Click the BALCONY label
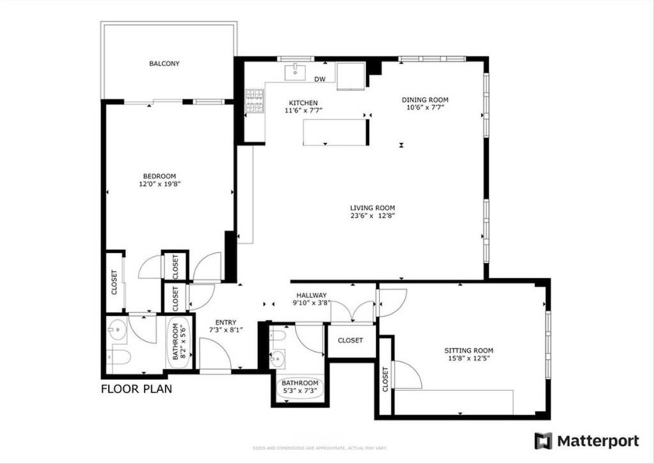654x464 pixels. pyautogui.click(x=164, y=64)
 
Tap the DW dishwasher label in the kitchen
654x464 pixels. pyautogui.click(x=319, y=79)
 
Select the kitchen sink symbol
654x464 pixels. pyautogui.click(x=295, y=73)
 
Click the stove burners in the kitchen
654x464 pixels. pyautogui.click(x=255, y=100)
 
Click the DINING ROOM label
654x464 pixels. pyautogui.click(x=425, y=100)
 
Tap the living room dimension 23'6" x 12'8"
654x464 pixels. pyautogui.click(x=372, y=216)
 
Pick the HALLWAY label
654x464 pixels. pyautogui.click(x=310, y=295)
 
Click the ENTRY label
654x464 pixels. pyautogui.click(x=226, y=320)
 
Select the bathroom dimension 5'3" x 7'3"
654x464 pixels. pyautogui.click(x=300, y=392)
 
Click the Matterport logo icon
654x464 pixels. pyautogui.click(x=543, y=441)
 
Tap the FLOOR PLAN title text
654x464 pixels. pyautogui.click(x=137, y=388)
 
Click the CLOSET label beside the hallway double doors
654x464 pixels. pyautogui.click(x=350, y=340)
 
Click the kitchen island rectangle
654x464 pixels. pyautogui.click(x=335, y=132)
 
